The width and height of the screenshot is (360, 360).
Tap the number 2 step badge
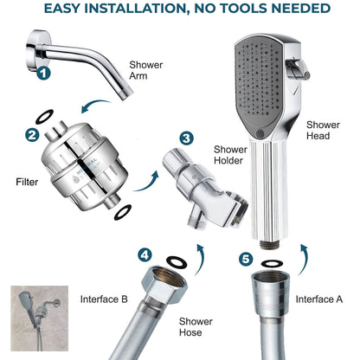pyautogui.click(x=32, y=134)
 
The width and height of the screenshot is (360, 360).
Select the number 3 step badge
pyautogui.click(x=186, y=138)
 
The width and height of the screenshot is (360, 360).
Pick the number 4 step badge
pyautogui.click(x=145, y=254)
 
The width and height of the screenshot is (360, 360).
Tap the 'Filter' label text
pyautogui.click(x=28, y=183)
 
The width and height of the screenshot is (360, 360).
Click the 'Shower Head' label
pyautogui.click(x=323, y=130)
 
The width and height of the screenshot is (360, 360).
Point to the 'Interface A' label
pyautogui.click(x=319, y=299)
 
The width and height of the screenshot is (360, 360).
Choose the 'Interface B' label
pyautogui.click(x=105, y=299)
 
